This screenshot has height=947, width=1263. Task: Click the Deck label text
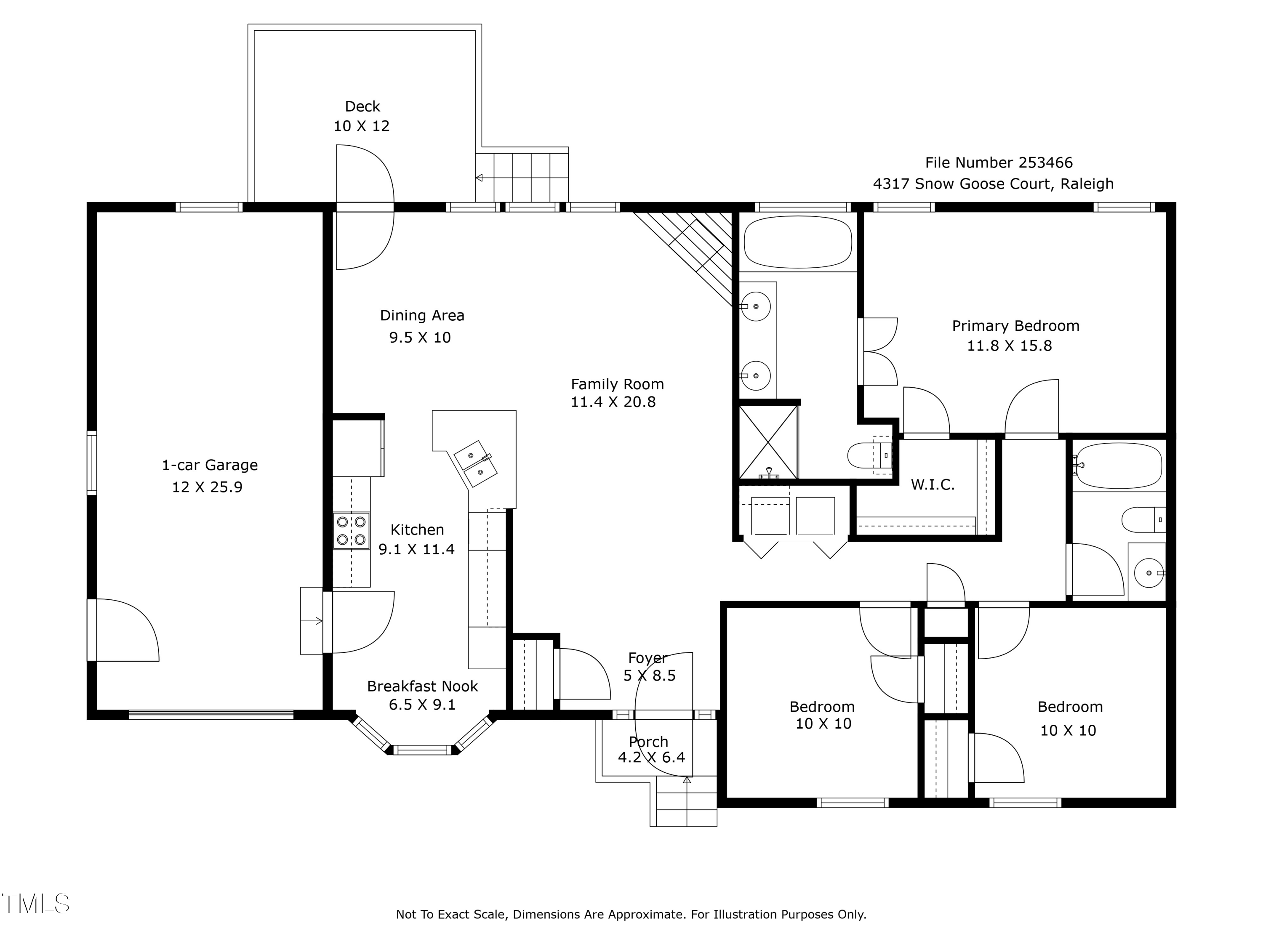tap(362, 107)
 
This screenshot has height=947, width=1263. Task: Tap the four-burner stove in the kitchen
tap(351, 530)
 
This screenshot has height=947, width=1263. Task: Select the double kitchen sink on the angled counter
tap(475, 463)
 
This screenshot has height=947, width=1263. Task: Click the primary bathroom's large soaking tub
tap(798, 242)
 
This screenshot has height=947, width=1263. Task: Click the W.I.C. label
tap(933, 484)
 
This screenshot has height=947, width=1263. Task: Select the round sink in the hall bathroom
tap(1148, 572)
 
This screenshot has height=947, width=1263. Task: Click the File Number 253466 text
tap(999, 163)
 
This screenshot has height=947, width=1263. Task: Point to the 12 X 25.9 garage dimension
tap(207, 487)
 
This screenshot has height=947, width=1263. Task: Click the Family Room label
tap(617, 384)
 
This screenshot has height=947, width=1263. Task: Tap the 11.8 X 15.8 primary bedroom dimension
tap(1009, 346)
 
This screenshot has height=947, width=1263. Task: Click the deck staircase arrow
tap(480, 178)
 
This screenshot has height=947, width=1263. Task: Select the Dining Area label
tap(422, 315)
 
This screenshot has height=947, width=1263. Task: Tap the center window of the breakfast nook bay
tap(423, 750)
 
